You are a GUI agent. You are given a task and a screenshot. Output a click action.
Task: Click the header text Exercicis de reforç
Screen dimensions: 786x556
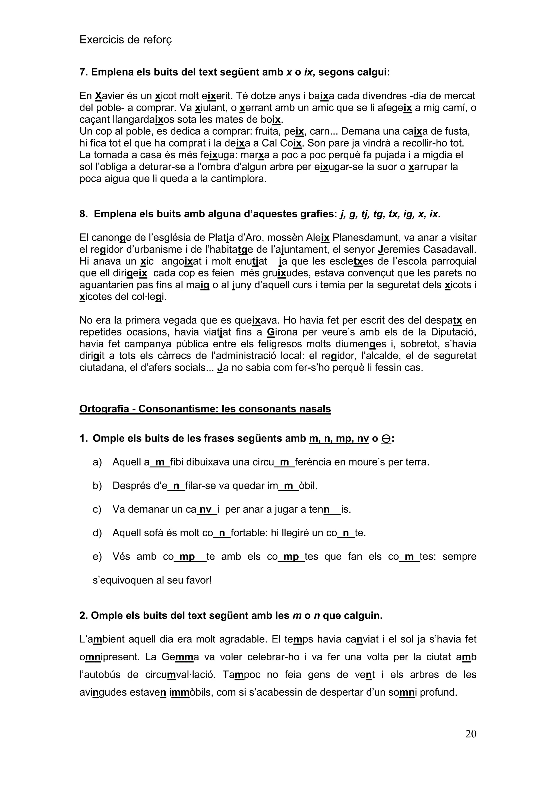click(126, 40)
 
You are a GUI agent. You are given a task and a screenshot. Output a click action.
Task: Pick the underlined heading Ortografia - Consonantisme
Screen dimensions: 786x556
click(205, 409)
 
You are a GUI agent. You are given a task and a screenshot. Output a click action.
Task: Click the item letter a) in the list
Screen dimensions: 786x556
click(97, 462)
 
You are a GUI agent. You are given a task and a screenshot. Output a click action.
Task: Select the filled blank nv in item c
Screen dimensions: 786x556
click(206, 509)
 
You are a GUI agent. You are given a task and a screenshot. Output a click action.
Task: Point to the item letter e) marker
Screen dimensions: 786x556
click(97, 556)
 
